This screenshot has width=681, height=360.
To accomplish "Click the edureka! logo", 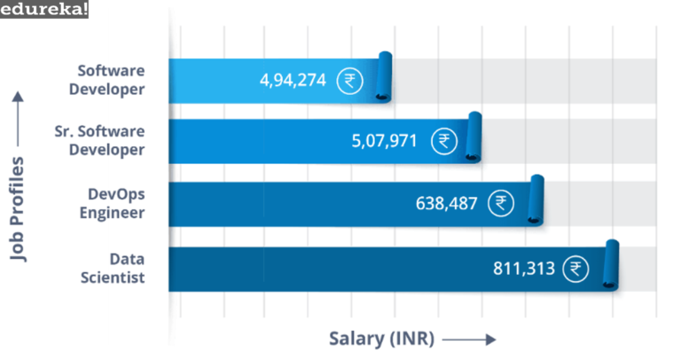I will click(44, 11).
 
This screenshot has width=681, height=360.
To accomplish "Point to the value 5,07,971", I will click(384, 141).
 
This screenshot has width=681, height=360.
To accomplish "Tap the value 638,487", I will click(446, 204).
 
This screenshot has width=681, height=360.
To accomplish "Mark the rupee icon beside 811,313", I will click(579, 268).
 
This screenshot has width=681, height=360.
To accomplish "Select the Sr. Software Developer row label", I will click(99, 140).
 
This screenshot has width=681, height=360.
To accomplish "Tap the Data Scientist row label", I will click(127, 268).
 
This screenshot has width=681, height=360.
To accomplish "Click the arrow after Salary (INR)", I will click(468, 340).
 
